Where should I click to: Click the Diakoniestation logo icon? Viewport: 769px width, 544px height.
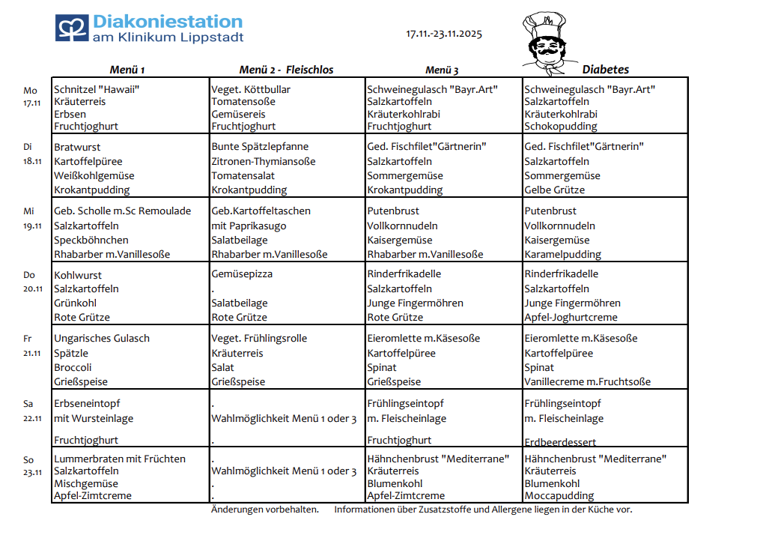[x=71, y=28]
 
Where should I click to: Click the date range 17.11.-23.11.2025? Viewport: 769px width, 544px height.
[x=444, y=34]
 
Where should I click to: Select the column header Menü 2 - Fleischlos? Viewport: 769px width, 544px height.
[x=286, y=70]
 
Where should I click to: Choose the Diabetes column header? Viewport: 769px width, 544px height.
[x=605, y=70]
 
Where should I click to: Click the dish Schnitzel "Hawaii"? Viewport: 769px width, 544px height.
[x=97, y=89]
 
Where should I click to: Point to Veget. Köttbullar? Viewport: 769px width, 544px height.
[x=251, y=89]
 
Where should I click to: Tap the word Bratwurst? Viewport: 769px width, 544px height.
[x=77, y=147]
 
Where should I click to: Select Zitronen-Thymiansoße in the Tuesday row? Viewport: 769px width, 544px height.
[x=263, y=161]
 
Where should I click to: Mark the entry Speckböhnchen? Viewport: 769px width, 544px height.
[x=91, y=241]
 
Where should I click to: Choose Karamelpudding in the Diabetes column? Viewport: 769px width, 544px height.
[x=562, y=255]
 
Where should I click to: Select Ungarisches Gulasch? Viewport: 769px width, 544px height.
[x=102, y=339]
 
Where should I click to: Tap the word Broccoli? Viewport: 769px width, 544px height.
[x=73, y=368]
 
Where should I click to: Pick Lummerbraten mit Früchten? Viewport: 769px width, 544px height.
[x=120, y=459]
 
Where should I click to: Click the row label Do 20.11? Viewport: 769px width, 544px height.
[x=31, y=282]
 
